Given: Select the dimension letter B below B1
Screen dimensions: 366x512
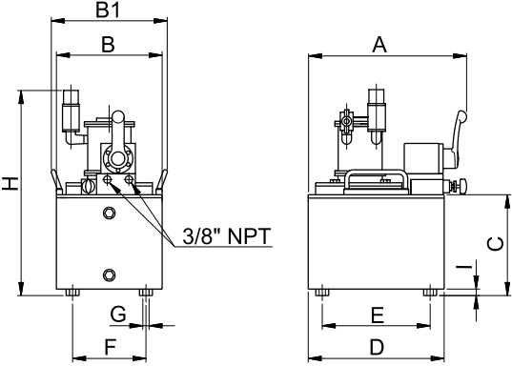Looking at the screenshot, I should (x=108, y=44).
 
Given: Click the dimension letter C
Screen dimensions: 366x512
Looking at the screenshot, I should (x=496, y=244).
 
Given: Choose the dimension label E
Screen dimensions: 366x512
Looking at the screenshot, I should (x=377, y=314).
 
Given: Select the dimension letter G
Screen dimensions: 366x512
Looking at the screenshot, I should (x=117, y=314).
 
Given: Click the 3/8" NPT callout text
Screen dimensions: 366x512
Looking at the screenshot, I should (x=220, y=235).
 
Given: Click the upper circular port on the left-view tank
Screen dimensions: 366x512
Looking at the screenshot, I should (x=110, y=212).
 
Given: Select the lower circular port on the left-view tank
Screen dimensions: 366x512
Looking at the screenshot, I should (x=110, y=275).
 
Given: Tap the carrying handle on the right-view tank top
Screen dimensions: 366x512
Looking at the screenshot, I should (x=379, y=177).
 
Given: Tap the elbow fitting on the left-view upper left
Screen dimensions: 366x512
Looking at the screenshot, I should (x=72, y=135).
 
